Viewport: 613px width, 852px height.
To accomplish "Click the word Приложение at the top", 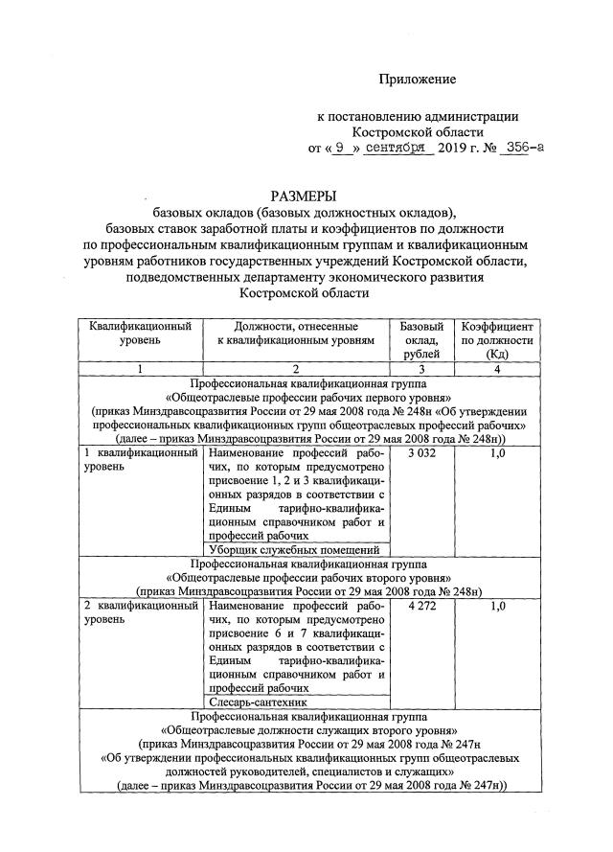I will coord(417,78).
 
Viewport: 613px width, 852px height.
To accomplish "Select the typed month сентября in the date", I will coord(395,149).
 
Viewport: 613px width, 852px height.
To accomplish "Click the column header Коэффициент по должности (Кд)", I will coord(496,340).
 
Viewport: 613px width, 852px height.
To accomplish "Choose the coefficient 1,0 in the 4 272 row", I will coord(496,607).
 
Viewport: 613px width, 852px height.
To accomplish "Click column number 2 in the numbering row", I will coord(295,368).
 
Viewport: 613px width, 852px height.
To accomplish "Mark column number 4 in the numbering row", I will coord(496,368).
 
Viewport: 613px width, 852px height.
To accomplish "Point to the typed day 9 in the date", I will coord(341,149).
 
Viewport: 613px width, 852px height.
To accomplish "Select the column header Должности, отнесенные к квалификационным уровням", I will coord(295,333).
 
